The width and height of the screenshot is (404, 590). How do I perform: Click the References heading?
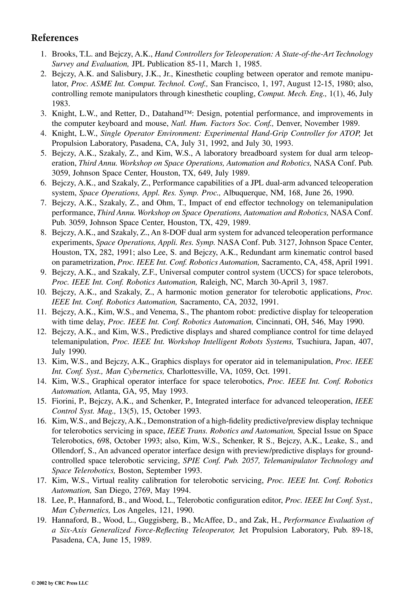pos(55,38)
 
